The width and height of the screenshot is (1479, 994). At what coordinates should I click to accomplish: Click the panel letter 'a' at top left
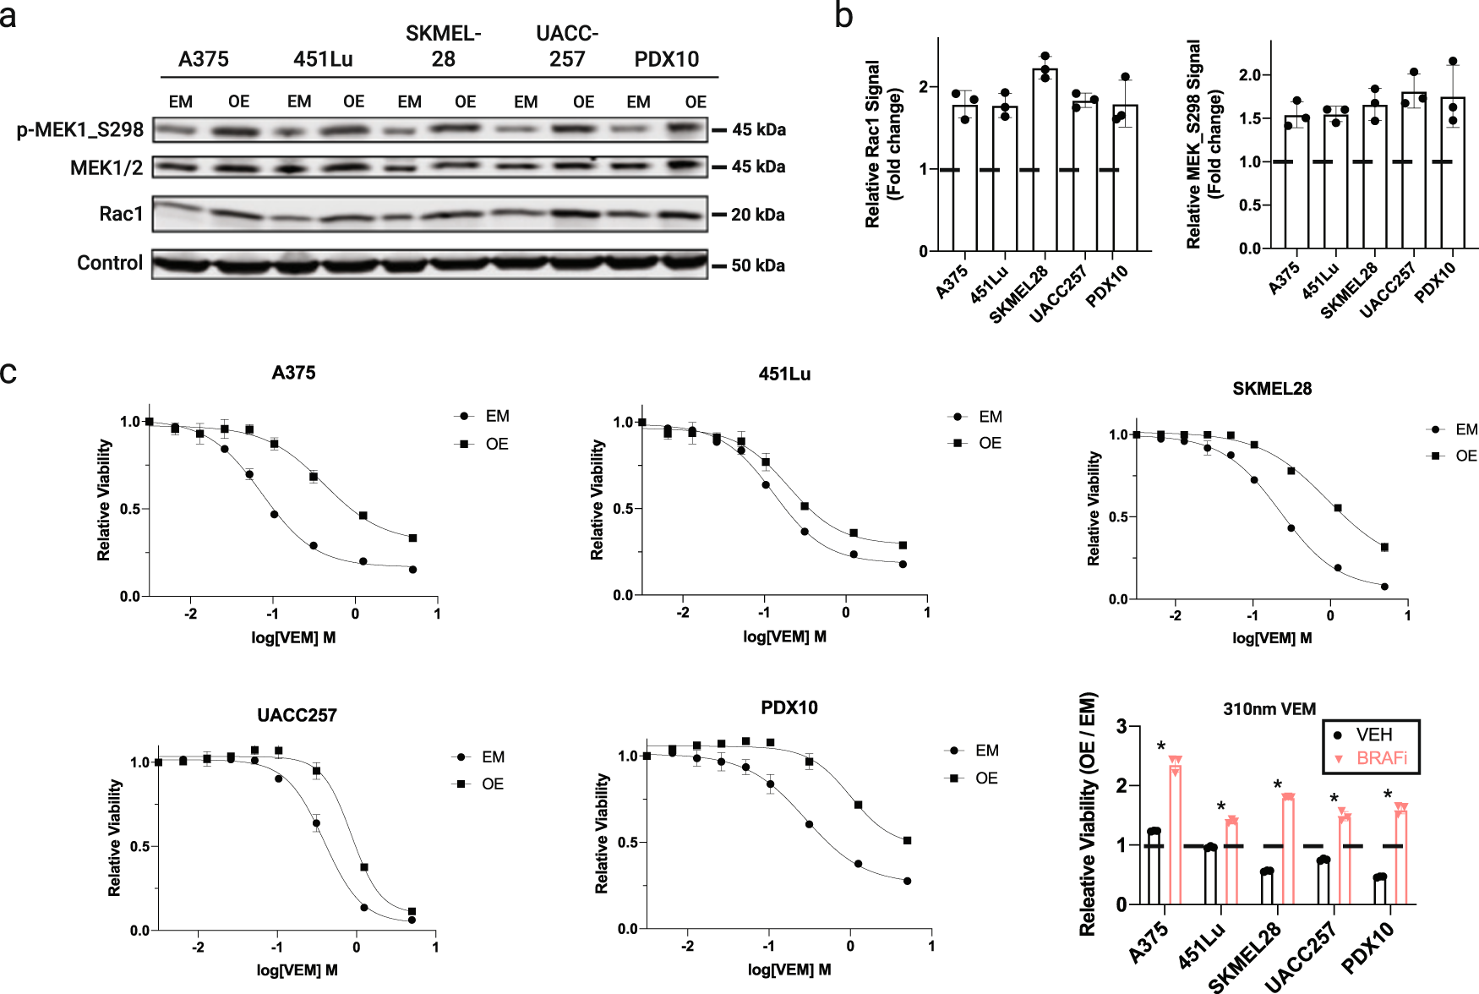point(8,16)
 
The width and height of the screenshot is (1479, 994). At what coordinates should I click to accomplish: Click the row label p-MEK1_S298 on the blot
point(80,129)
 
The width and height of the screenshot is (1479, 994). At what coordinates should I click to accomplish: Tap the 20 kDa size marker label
point(757,215)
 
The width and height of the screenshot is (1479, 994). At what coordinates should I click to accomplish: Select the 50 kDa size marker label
point(757,265)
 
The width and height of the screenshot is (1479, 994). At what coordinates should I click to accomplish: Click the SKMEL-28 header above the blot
point(443,46)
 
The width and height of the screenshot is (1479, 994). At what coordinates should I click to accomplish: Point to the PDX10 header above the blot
point(666,59)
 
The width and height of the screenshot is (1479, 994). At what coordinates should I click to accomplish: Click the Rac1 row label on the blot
point(121,214)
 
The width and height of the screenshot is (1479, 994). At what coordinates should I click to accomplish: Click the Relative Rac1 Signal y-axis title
point(883,144)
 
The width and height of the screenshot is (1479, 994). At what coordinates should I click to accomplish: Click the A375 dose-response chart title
point(293,373)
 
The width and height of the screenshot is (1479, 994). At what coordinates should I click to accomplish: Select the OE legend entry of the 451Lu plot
point(989,443)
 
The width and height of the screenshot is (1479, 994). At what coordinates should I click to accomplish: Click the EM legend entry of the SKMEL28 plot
point(1465,429)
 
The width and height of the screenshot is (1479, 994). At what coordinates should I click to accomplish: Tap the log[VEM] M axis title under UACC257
point(297,969)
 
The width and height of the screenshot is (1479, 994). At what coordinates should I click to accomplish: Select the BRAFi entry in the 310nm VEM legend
point(1381,758)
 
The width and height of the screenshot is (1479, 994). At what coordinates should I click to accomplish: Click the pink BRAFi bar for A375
point(1175,833)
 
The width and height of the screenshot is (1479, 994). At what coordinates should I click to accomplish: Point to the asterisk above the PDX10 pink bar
point(1388,795)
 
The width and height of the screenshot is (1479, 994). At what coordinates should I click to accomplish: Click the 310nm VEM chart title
point(1269,709)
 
